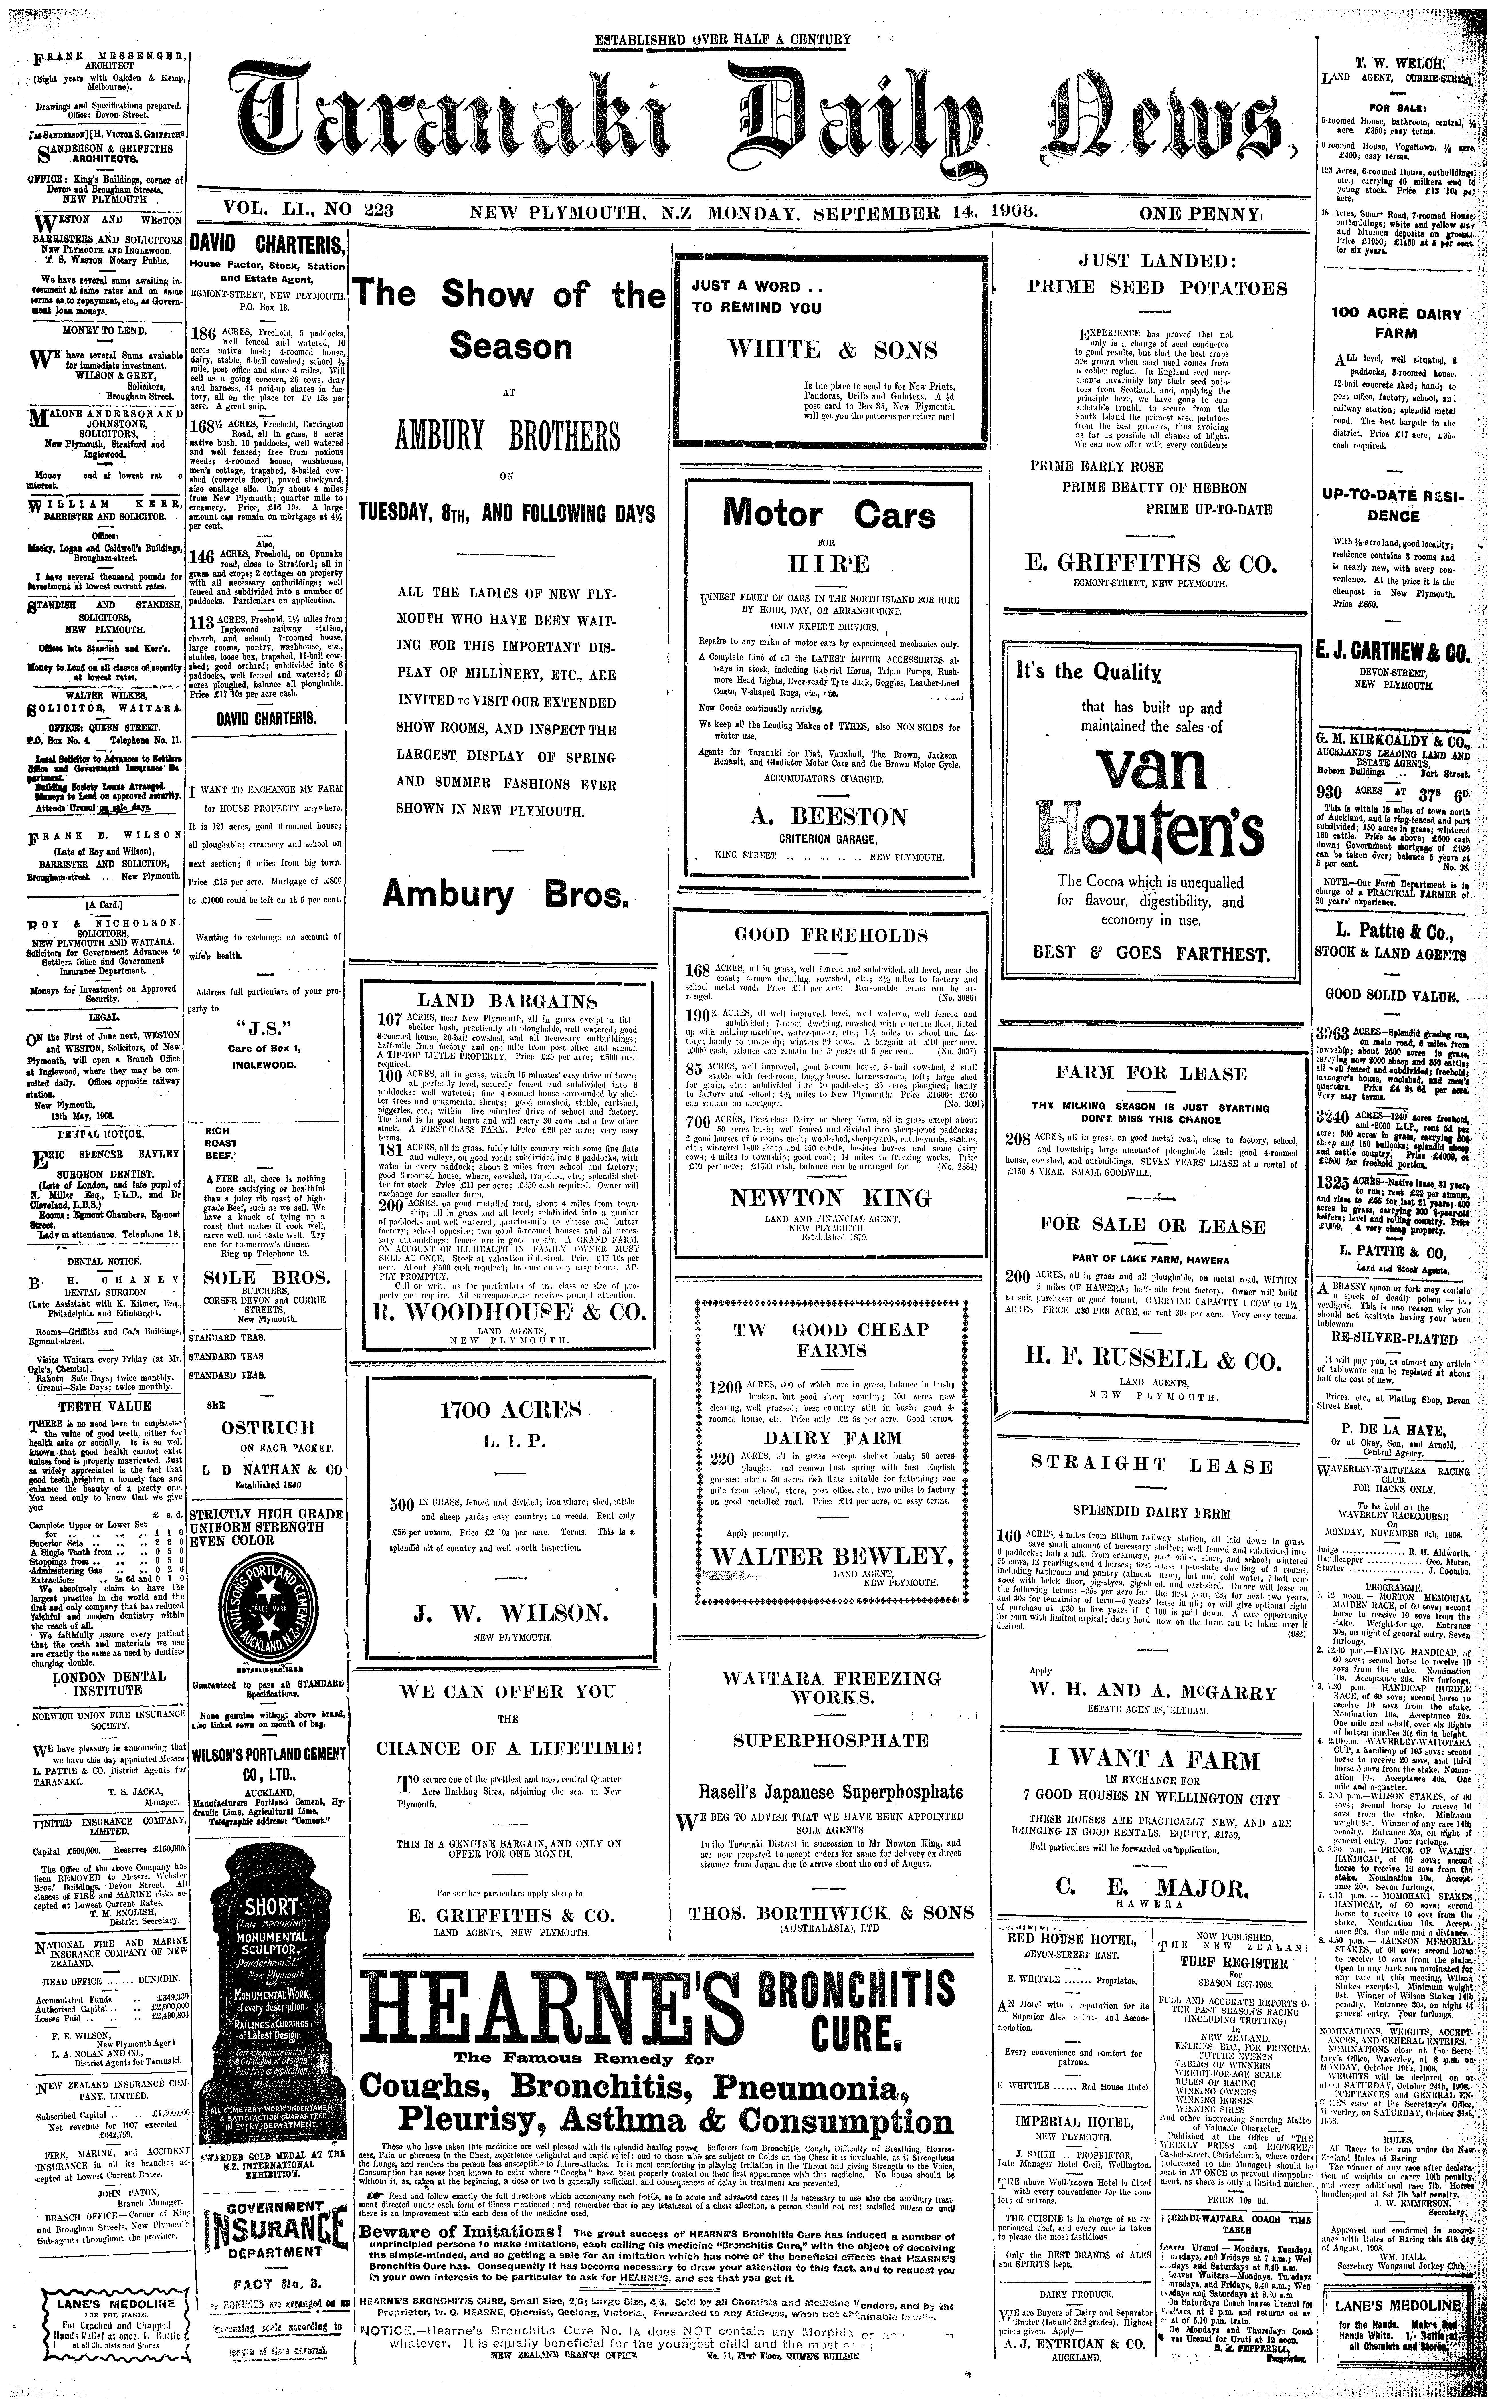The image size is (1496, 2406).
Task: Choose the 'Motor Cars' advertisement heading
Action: coord(829,514)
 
